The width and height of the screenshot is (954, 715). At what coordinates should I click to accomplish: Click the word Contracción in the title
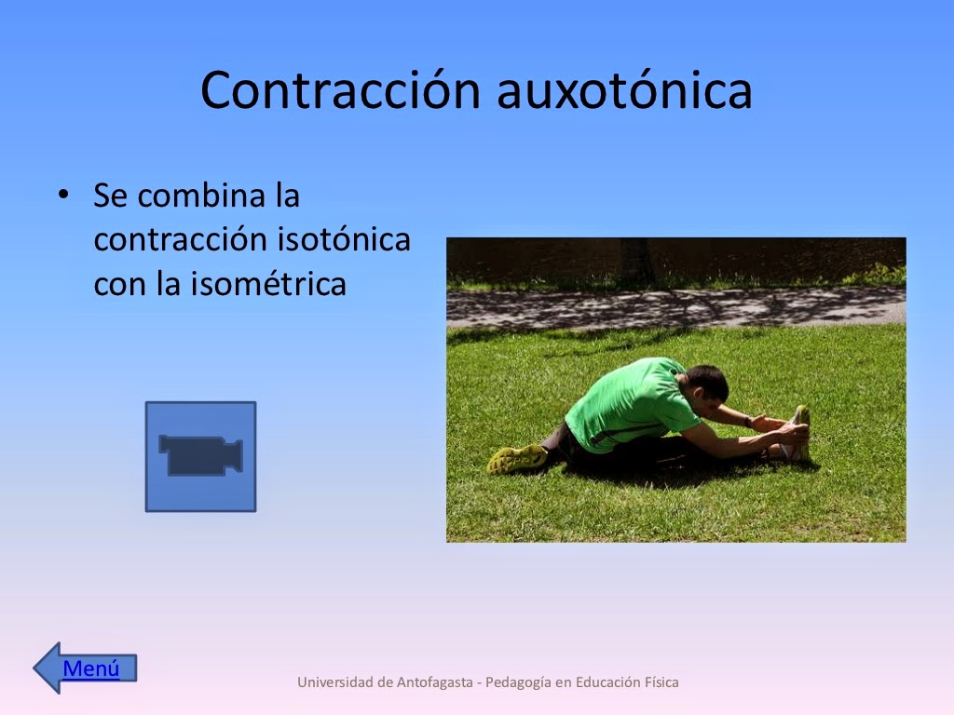339,90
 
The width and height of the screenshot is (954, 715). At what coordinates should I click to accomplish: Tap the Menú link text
91,668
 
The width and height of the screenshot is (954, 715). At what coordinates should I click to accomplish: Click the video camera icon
200,456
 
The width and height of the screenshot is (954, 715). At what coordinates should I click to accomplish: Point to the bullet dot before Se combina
63,196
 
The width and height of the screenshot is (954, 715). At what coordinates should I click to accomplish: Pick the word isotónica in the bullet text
344,239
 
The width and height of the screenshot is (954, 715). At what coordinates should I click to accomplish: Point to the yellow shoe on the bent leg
517,458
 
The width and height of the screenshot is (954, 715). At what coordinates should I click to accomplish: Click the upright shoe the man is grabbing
798,432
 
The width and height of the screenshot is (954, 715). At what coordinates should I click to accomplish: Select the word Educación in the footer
606,682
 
